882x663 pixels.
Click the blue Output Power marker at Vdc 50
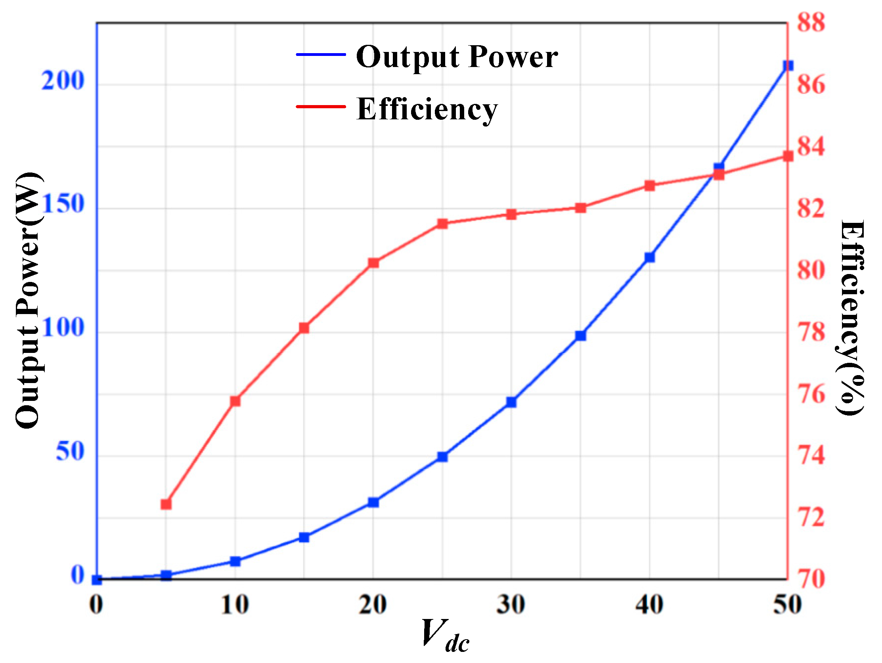coord(788,65)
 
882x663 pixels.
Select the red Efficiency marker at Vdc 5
coord(166,505)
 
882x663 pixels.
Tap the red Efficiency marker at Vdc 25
coord(442,223)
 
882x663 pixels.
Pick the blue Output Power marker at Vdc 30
coord(511,402)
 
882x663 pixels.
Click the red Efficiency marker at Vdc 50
coord(788,156)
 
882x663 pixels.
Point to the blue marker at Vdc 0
coord(97,580)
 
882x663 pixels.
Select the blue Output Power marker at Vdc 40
coord(650,257)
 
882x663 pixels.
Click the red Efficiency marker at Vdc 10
coord(235,401)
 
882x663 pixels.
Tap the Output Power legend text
coord(457,57)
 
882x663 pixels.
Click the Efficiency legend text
coord(427,109)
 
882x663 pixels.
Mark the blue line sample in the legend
coord(321,54)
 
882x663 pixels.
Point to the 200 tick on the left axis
coord(63,81)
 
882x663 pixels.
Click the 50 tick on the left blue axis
coord(70,452)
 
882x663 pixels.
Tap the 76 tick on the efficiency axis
coord(811,395)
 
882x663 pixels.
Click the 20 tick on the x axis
coord(373,604)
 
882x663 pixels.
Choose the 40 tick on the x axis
coord(649,604)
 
